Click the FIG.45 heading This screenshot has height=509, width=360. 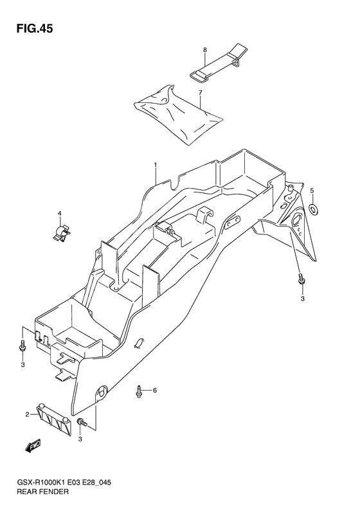(35, 29)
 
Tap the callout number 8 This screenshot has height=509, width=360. (204, 50)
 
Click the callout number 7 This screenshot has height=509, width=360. (200, 93)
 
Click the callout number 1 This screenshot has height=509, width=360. (156, 165)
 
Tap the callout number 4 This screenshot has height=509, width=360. (59, 213)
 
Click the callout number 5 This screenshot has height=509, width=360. (312, 190)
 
